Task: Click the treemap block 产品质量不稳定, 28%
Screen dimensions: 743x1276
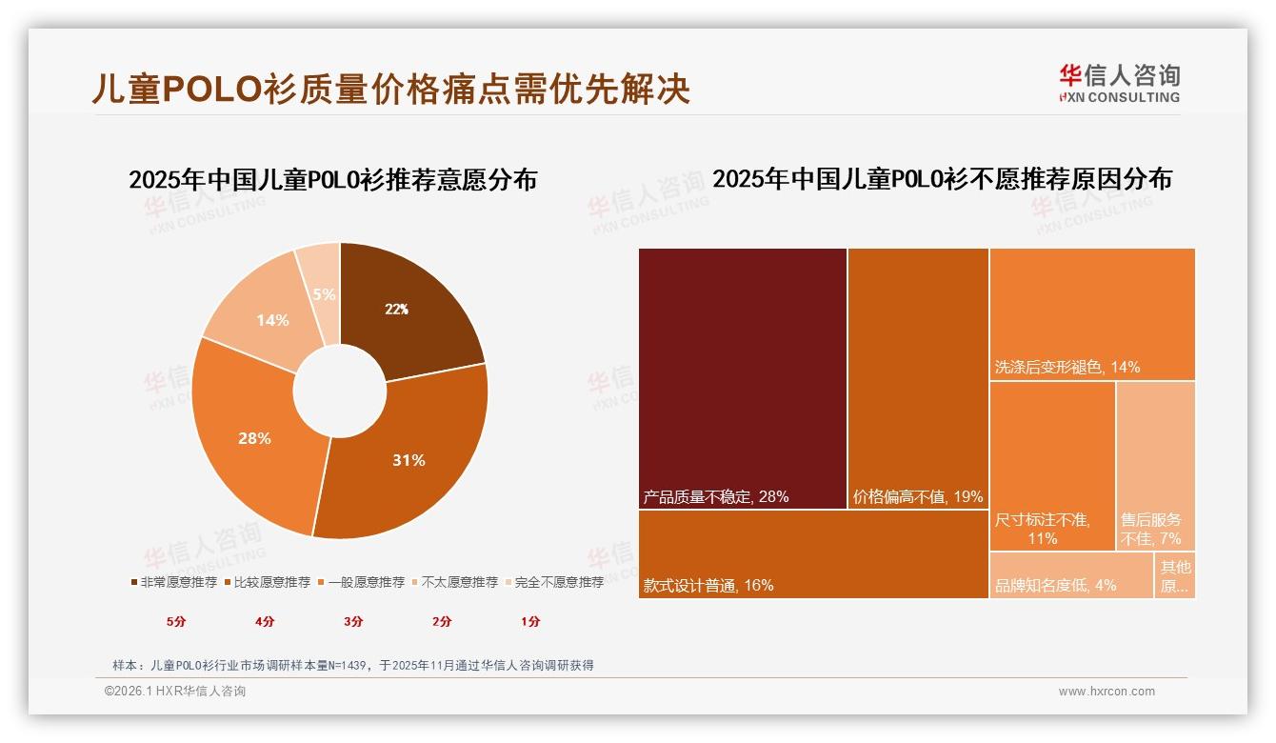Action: [743, 378]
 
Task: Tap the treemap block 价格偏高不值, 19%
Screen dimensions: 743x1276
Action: [918, 378]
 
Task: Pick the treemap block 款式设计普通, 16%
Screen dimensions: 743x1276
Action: [813, 554]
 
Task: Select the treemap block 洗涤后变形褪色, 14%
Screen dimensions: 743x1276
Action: [1092, 314]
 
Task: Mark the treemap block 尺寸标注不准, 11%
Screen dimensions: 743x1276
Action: [1052, 466]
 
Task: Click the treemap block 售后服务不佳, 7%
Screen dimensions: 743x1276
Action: [1155, 466]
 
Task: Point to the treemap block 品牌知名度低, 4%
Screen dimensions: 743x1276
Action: [1071, 575]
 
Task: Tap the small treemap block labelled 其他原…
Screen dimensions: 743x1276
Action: [1175, 575]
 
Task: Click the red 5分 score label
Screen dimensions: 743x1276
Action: [176, 621]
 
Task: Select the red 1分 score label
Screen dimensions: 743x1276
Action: [530, 621]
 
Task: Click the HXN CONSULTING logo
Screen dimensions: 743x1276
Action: [1119, 84]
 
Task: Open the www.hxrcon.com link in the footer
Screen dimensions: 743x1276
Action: [1107, 692]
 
